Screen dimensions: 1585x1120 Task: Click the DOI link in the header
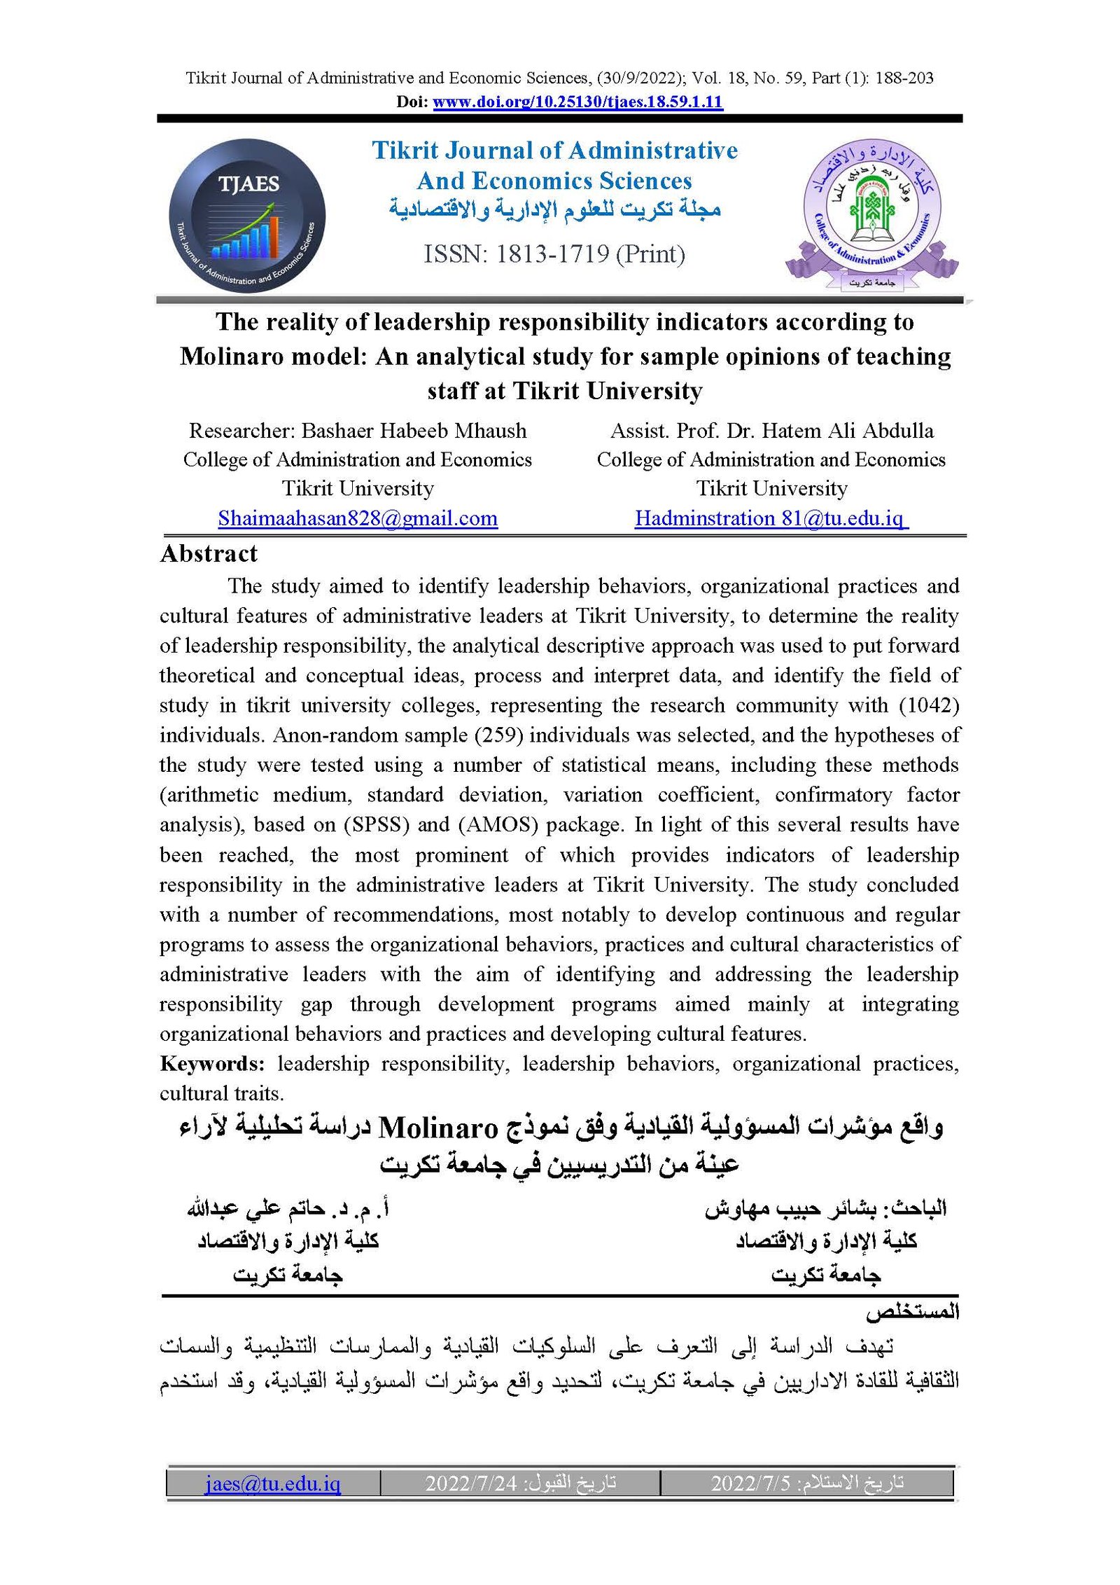point(577,102)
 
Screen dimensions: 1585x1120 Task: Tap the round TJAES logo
point(247,216)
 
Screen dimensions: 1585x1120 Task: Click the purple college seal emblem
point(871,212)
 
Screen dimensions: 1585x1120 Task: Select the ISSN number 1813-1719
point(552,254)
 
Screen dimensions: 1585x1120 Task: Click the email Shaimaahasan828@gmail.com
point(358,518)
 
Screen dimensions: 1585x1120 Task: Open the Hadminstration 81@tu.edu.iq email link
point(771,518)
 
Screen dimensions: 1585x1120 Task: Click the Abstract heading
point(209,554)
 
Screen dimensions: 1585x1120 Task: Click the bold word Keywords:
point(212,1064)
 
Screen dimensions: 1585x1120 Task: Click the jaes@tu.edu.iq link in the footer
point(273,1483)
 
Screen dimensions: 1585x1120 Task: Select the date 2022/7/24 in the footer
point(470,1483)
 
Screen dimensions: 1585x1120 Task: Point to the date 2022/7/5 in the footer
point(750,1483)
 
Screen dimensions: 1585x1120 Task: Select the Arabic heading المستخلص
point(912,1311)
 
